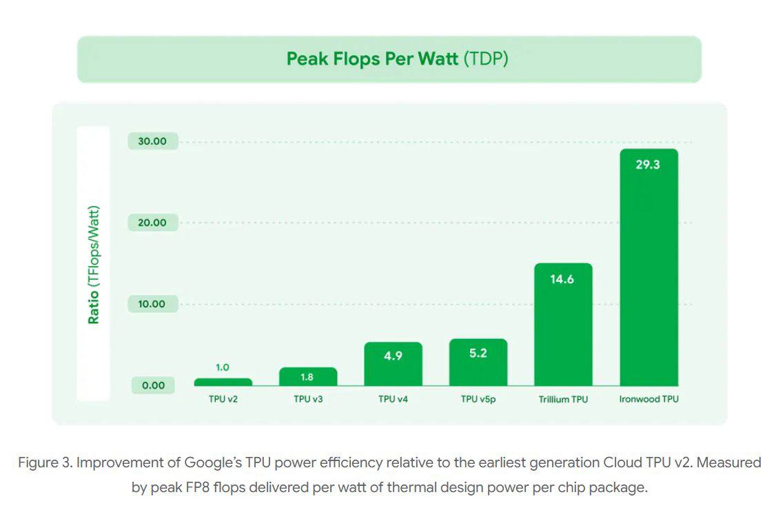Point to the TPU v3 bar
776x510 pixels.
pyautogui.click(x=308, y=378)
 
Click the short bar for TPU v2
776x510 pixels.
pyautogui.click(x=223, y=382)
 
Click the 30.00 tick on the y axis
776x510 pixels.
pyautogui.click(x=153, y=141)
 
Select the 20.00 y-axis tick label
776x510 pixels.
pyautogui.click(x=153, y=223)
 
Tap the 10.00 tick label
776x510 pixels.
pyautogui.click(x=153, y=304)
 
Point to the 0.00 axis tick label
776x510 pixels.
pyautogui.click(x=153, y=385)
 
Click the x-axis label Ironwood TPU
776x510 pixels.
pyautogui.click(x=649, y=399)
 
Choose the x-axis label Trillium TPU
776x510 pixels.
pyautogui.click(x=563, y=399)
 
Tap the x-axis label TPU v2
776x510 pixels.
pyautogui.click(x=223, y=399)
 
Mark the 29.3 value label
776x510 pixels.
pyautogui.click(x=648, y=165)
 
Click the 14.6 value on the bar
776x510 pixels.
pyautogui.click(x=562, y=279)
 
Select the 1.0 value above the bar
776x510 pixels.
pyautogui.click(x=223, y=367)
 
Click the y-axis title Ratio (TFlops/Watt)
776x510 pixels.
pyautogui.click(x=94, y=265)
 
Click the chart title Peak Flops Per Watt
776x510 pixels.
pyautogui.click(x=372, y=59)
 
